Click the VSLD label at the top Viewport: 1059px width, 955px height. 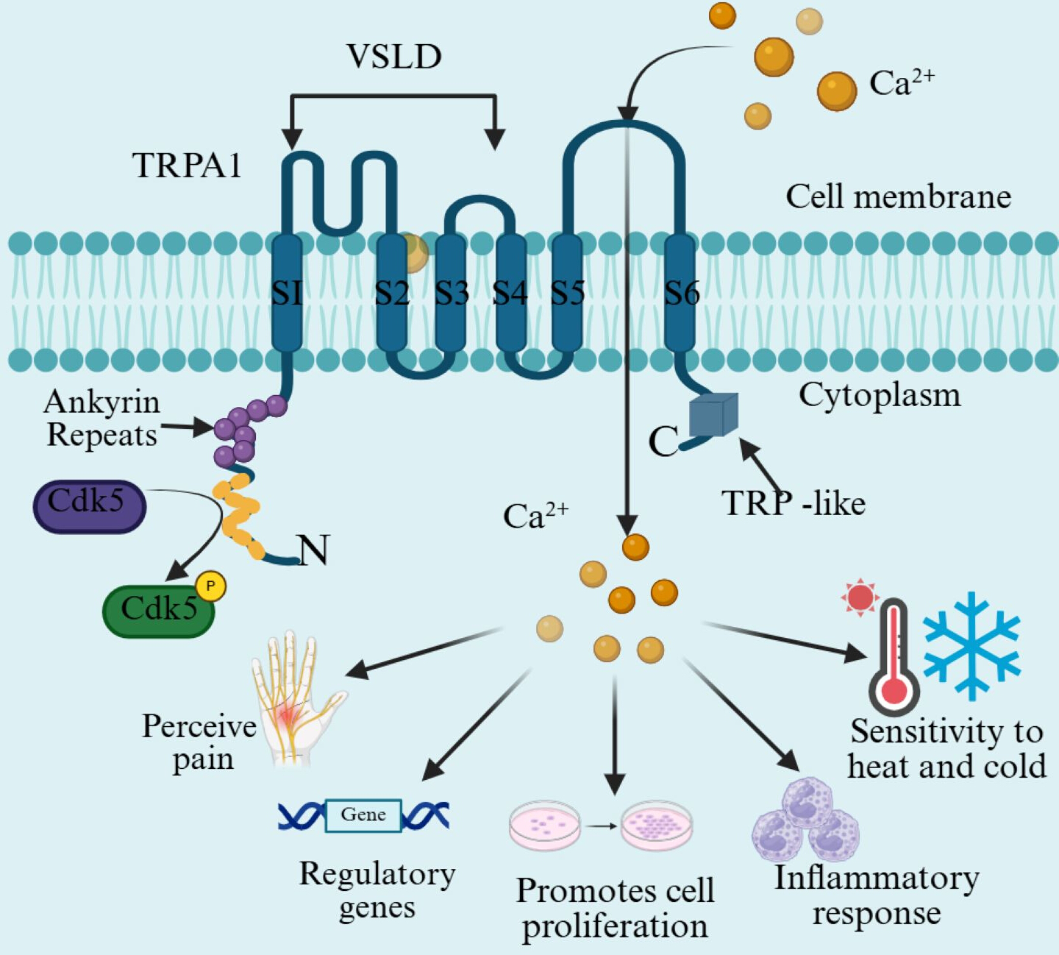394,57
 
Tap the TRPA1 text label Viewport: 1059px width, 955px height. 187,166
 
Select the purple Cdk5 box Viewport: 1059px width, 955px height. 89,506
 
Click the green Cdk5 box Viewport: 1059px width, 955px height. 159,611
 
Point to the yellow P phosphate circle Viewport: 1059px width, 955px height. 210,586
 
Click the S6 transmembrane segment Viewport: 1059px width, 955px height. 680,293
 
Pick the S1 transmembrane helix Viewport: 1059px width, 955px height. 287,293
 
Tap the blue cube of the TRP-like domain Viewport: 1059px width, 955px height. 714,415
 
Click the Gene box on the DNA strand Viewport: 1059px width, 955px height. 363,815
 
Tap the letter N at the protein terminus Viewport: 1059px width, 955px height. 313,550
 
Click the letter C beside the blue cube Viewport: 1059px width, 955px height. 663,441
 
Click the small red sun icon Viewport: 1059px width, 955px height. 860,597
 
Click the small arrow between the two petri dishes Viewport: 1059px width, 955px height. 602,826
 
